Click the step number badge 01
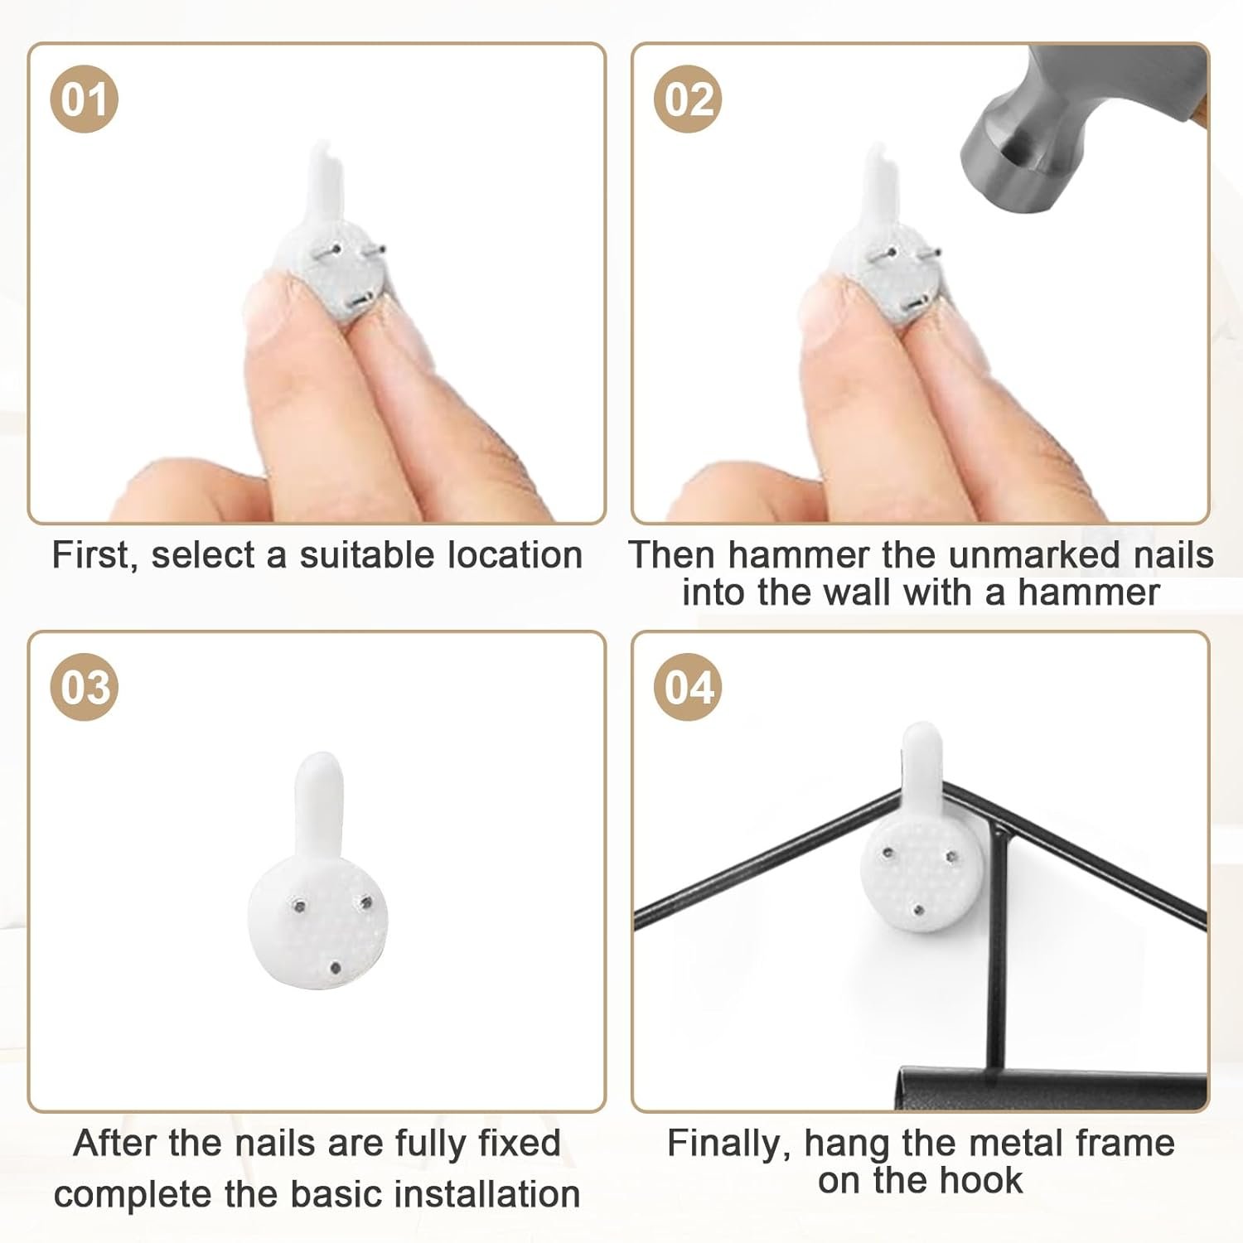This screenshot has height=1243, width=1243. pyautogui.click(x=84, y=99)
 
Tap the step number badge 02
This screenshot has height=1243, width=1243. pyautogui.click(x=688, y=99)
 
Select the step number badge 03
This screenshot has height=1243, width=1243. pyautogui.click(x=84, y=688)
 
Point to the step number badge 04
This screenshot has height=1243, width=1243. pyautogui.click(x=688, y=688)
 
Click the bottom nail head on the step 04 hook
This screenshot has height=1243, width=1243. pyautogui.click(x=918, y=912)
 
